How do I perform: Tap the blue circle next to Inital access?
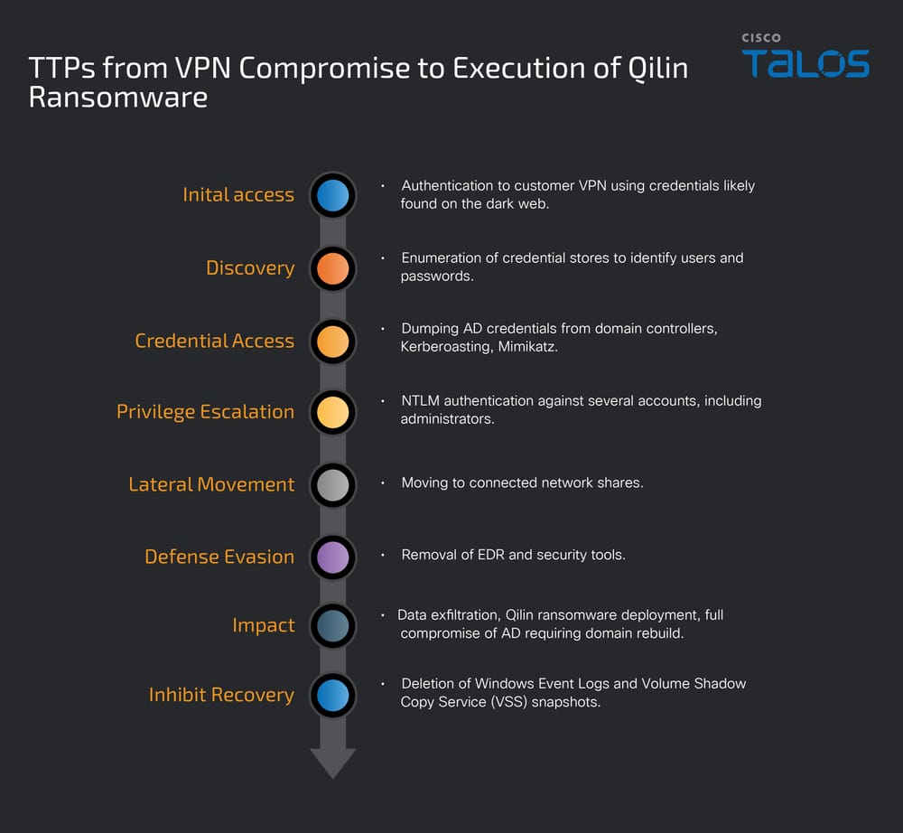(x=332, y=195)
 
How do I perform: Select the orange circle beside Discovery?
(x=332, y=268)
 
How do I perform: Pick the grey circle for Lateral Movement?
(x=332, y=485)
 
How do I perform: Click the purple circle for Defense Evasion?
(x=332, y=557)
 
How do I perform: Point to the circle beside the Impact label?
(x=332, y=626)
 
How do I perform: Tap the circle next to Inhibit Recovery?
(x=332, y=696)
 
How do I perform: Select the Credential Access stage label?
(x=214, y=341)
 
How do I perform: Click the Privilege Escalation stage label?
(x=205, y=412)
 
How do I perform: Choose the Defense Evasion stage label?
(x=219, y=557)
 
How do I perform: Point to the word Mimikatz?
(x=527, y=347)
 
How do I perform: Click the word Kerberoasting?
(x=446, y=347)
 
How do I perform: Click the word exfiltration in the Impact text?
(x=470, y=615)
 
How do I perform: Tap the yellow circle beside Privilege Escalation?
(x=332, y=412)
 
